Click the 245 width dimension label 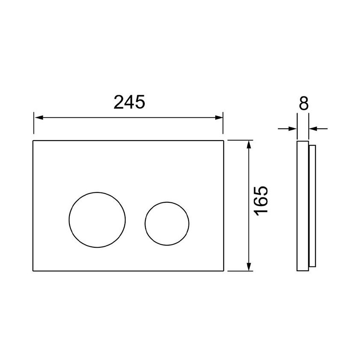(x=129, y=102)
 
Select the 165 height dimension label (x=261, y=201)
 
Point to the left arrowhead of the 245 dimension (x=39, y=117)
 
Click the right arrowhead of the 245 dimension (x=219, y=117)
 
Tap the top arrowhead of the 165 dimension (x=249, y=145)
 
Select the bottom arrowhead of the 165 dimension (x=249, y=267)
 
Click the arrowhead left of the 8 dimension (x=292, y=129)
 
